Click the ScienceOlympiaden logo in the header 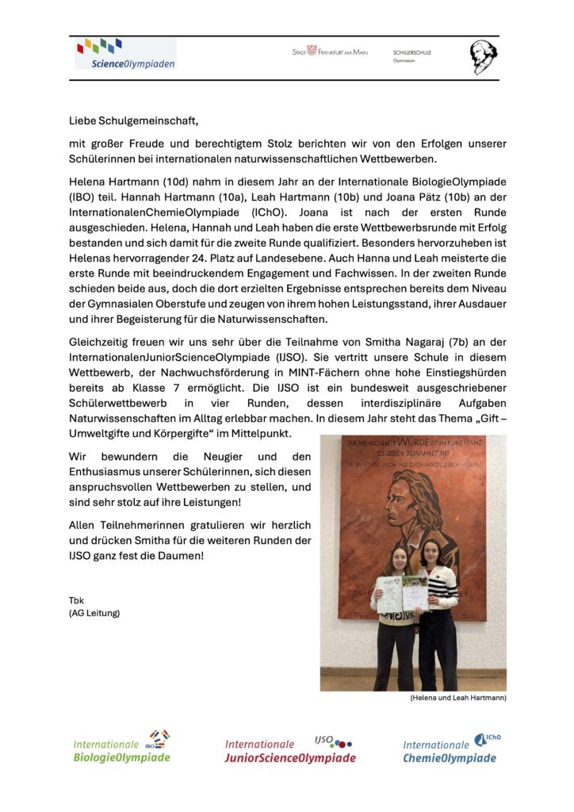[x=125, y=55]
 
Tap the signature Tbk [x=76, y=600]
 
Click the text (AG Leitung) [x=94, y=613]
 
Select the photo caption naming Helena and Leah [x=458, y=698]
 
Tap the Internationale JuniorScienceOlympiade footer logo [x=289, y=748]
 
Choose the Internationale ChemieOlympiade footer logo [x=451, y=748]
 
